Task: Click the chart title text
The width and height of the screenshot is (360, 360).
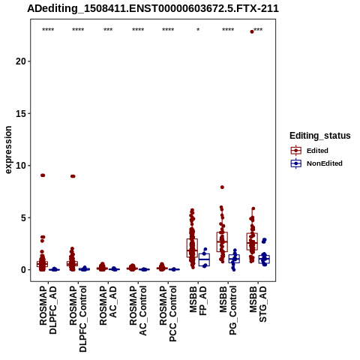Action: pos(153,8)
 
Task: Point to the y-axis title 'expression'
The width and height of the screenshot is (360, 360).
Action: pos(8,150)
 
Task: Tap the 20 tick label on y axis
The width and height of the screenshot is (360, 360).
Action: pos(21,61)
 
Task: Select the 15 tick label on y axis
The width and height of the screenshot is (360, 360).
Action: pos(21,113)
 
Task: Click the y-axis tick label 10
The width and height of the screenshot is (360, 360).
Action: pos(21,166)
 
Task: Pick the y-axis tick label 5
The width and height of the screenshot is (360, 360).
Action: pos(23,217)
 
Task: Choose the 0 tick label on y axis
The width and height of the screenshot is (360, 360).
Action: pos(23,270)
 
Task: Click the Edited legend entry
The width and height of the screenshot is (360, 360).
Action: pos(317,151)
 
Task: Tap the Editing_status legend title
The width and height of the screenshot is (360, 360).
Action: pos(320,136)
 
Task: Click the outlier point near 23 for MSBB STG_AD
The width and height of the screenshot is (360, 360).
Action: pos(252,31)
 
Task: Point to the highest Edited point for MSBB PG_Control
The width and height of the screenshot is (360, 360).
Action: pos(222,187)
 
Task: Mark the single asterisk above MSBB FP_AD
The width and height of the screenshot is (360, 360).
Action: pos(198,30)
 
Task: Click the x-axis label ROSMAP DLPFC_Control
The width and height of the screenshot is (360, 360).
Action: pos(78,319)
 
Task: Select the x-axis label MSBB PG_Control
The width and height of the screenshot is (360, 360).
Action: pos(228,310)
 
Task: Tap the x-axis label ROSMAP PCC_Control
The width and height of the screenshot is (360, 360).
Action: pos(168,313)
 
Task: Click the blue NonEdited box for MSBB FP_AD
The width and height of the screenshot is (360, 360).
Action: pos(204,259)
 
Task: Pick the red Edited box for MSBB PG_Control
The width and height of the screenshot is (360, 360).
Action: pos(222,241)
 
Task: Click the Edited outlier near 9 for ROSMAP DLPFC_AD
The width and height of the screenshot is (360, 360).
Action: pos(43,175)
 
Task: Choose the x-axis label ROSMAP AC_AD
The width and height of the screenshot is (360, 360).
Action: pos(108,305)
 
